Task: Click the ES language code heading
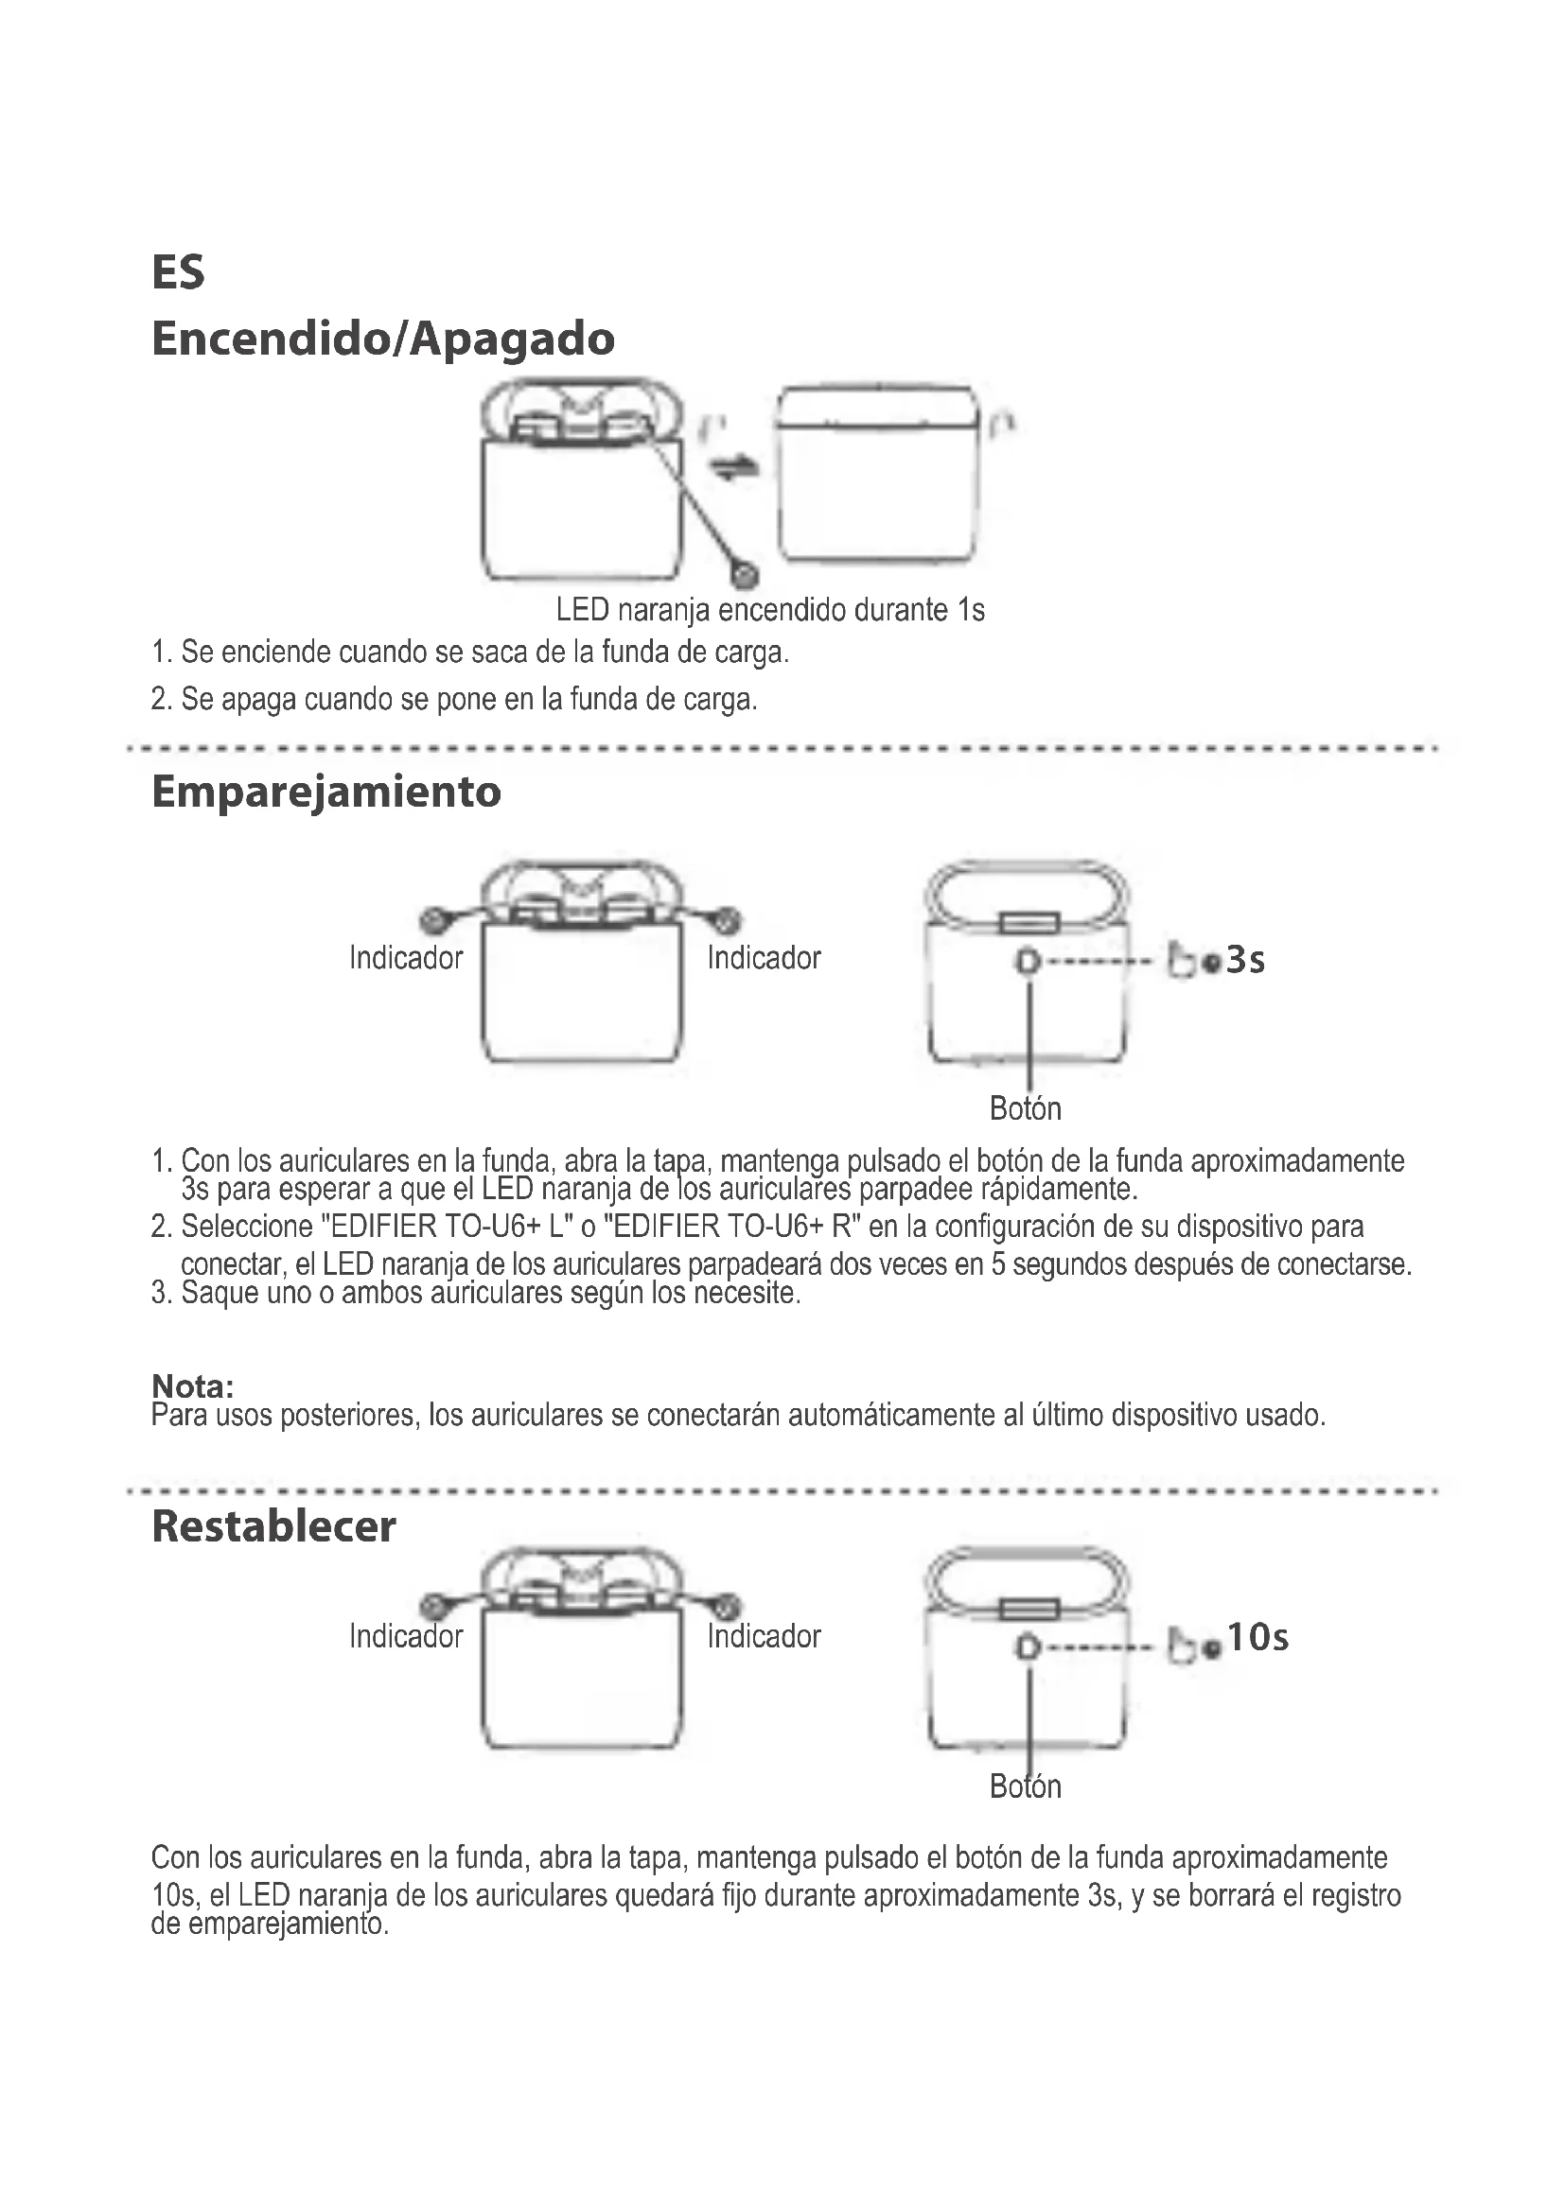[178, 271]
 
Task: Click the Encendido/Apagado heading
[382, 339]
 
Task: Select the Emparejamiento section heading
[325, 791]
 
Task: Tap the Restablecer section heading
[273, 1526]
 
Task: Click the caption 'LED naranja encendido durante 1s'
[770, 610]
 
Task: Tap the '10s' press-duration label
[1257, 1637]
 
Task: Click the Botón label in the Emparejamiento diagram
[1026, 1109]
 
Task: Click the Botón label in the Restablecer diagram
[1026, 1786]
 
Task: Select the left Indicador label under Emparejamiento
[406, 958]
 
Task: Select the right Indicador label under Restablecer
[764, 1636]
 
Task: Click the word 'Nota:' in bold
[193, 1386]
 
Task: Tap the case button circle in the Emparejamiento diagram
[1029, 961]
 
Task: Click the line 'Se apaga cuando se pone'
[454, 699]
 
